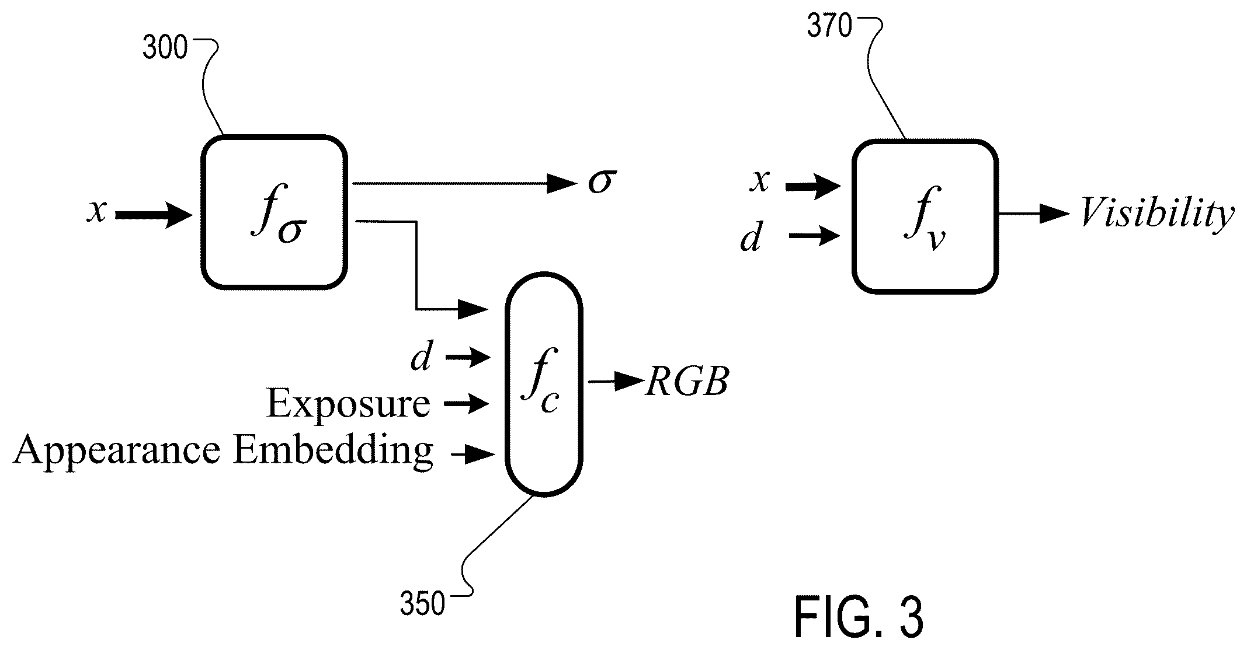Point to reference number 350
pos(422,604)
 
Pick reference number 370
pos(829,27)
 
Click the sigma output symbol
pos(602,182)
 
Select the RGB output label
pos(687,383)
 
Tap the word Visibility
pos(1157,215)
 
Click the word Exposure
pos(348,403)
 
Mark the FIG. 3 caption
pos(859,617)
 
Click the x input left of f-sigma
pos(97,210)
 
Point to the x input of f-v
pos(759,181)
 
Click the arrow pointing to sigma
pos(465,184)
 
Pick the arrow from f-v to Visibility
pos(1034,214)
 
